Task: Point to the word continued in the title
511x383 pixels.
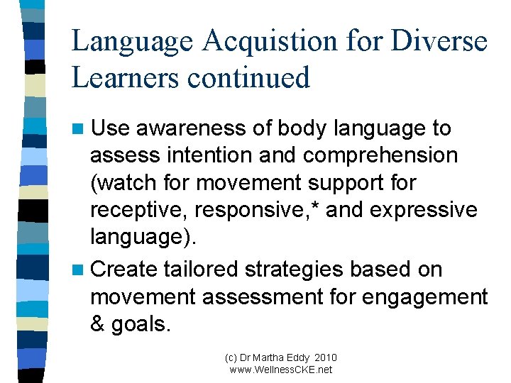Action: (x=248, y=77)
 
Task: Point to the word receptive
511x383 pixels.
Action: (x=137, y=209)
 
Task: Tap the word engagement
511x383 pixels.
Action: (x=424, y=296)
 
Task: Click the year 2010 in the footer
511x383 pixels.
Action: (x=324, y=357)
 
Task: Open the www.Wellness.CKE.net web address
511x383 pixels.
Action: (x=281, y=370)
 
